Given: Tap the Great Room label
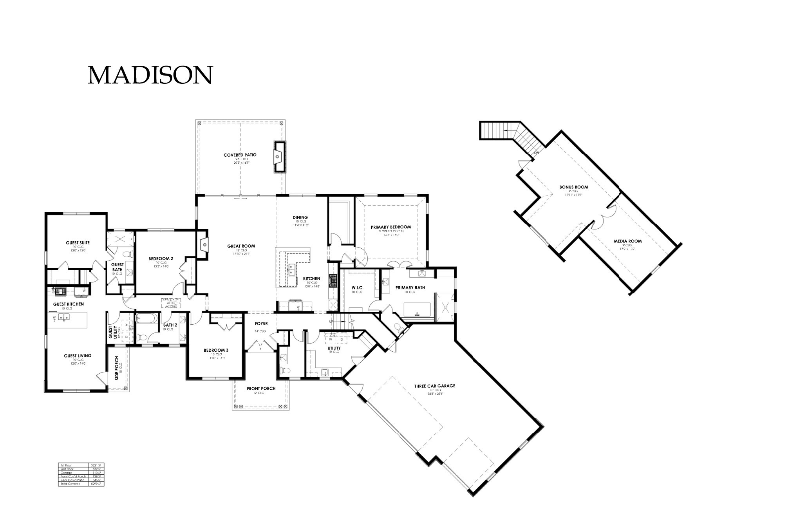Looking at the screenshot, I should point(241,246).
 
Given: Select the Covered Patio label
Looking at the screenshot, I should point(240,155).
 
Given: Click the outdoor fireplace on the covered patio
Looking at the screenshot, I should point(278,157).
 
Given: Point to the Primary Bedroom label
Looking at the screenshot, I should point(390,227).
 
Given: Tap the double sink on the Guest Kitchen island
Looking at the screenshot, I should point(63,317).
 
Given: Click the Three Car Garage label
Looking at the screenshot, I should point(435,386).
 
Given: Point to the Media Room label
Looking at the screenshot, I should point(627,241).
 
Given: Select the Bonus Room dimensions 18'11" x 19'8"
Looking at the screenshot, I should point(574,195).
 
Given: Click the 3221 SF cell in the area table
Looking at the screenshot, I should point(96,465).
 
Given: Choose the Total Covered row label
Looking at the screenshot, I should point(70,484).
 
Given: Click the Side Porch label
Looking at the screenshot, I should point(117,368).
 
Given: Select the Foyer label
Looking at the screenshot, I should point(261,324).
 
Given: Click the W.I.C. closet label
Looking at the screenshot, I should point(357,287).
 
